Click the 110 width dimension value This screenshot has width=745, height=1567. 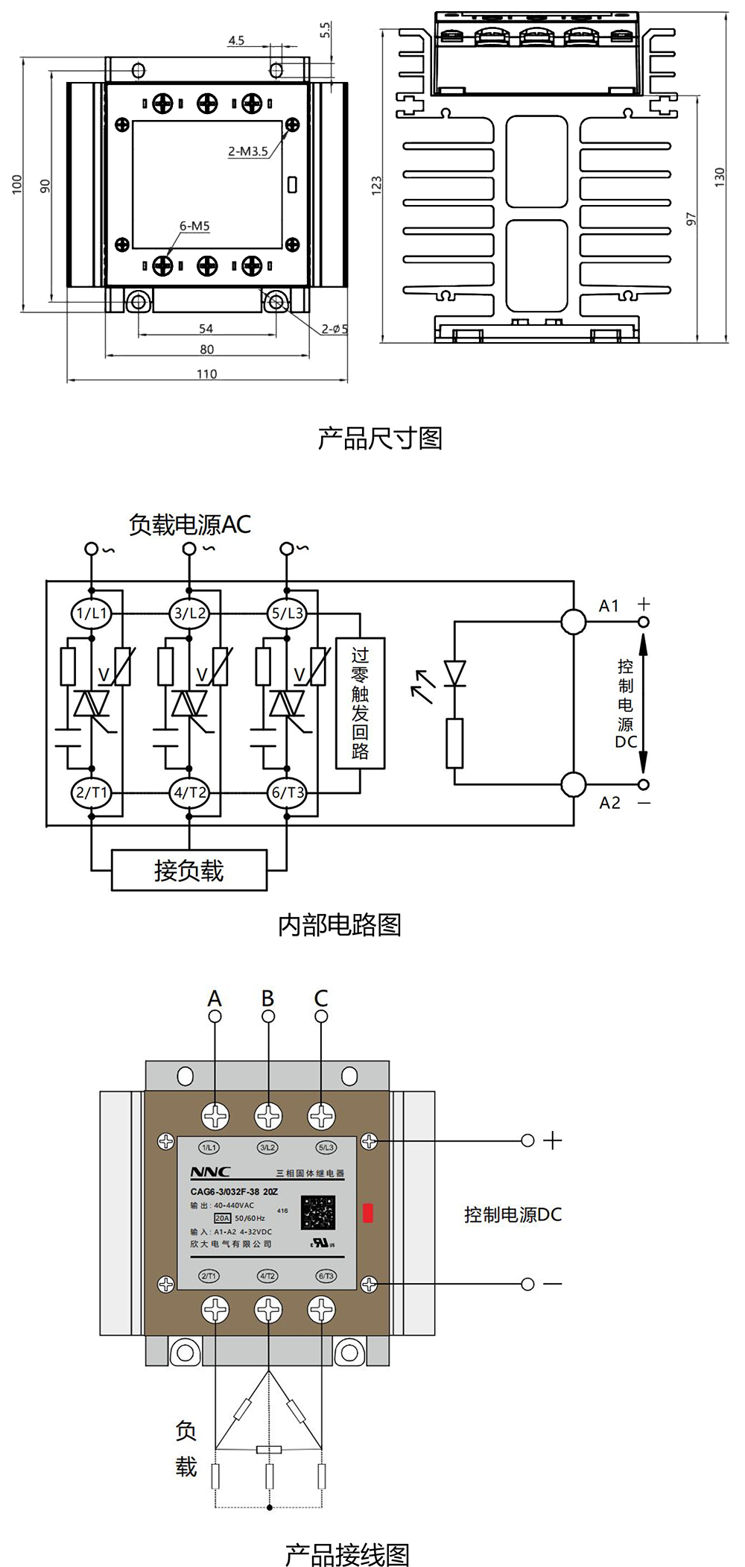206,374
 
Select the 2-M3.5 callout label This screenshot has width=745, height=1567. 247,151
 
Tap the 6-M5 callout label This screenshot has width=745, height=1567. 194,226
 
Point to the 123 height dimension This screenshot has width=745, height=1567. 376,185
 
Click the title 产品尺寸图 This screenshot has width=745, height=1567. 380,438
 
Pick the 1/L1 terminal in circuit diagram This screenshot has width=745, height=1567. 92,614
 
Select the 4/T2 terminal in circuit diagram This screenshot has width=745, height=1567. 189,792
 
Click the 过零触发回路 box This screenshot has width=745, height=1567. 360,703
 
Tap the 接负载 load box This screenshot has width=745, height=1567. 189,870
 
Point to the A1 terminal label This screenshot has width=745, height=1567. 609,606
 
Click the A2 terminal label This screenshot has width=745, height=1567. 609,803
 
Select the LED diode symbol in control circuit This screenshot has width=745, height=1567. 454,673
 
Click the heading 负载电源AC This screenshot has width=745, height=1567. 189,525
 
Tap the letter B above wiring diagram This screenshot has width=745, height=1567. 268,998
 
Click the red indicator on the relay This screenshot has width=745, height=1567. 367,1213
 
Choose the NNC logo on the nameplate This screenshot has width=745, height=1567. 210,1172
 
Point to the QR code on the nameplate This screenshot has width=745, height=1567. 318,1213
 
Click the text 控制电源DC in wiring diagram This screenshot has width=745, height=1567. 513,1214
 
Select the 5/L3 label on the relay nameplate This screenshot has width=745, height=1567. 326,1147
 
